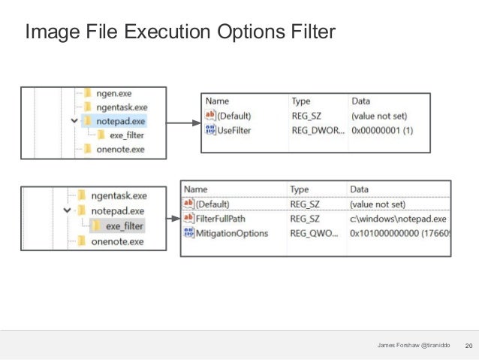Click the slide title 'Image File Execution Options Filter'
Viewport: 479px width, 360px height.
[179, 32]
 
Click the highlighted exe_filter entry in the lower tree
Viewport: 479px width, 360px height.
[123, 225]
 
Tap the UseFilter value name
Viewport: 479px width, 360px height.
[233, 130]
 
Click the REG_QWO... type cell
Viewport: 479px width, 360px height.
[315, 233]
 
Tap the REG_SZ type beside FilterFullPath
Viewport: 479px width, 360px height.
[306, 218]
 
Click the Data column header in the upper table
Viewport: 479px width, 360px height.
[360, 101]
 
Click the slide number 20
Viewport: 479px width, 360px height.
[469, 345]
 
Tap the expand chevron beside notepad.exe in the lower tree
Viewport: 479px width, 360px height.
[68, 211]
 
